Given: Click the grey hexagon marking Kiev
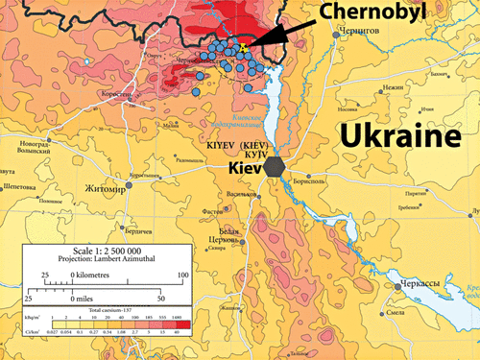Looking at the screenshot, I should [276, 165].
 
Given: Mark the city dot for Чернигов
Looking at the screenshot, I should [335, 35].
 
